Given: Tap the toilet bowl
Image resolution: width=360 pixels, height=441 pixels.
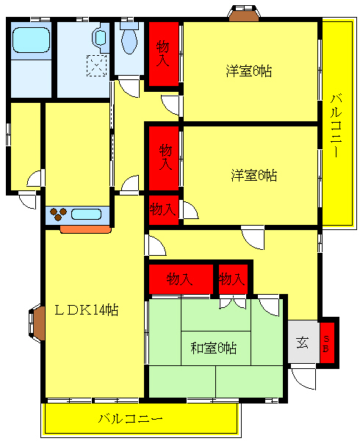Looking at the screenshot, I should tap(129, 40).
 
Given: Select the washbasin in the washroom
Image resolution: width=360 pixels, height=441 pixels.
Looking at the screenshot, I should tap(98, 38).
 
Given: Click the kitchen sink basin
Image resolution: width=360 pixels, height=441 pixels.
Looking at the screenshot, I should tap(87, 215).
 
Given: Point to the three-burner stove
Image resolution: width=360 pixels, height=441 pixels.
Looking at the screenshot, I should tap(58, 215).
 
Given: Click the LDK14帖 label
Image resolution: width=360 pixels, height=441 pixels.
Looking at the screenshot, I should tap(87, 309).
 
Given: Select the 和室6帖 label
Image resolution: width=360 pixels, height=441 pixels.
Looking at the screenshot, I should tap(213, 347).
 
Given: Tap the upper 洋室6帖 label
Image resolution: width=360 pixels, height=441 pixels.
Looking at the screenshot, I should tap(249, 71).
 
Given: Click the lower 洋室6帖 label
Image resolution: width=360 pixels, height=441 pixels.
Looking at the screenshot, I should tap(253, 176).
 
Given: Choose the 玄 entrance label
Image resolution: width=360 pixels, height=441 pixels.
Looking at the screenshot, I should tap(302, 342).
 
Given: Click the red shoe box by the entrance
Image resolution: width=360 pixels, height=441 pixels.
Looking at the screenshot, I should tap(329, 343).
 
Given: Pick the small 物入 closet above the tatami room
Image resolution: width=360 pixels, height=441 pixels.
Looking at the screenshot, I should tap(231, 279).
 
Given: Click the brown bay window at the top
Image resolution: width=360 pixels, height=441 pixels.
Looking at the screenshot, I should tap(244, 12).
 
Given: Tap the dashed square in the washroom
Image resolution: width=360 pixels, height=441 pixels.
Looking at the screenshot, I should tap(96, 65).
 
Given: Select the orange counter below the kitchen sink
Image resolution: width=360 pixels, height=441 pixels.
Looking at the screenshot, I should tap(84, 229).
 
